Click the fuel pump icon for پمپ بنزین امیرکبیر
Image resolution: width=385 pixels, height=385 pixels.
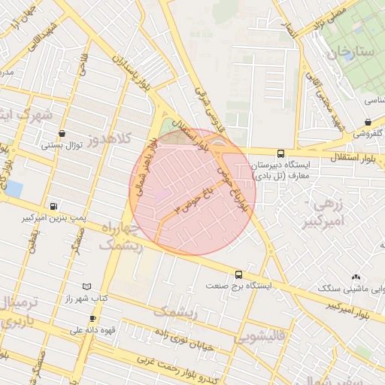pos(53,206)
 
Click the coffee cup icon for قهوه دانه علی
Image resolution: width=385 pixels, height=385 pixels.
pos(92,318)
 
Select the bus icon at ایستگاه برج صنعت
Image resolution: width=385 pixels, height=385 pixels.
pos(238,274)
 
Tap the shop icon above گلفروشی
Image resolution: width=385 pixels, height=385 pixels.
pos(368,122)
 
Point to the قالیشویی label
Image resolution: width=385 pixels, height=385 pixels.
pos(260,338)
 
